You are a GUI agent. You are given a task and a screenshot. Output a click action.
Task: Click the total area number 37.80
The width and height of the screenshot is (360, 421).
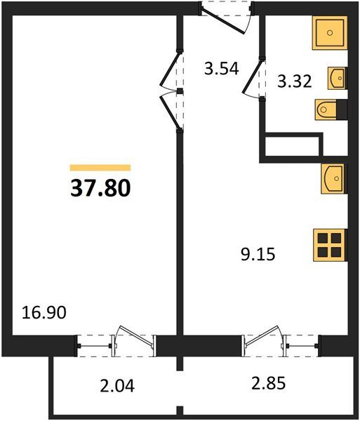[100, 188]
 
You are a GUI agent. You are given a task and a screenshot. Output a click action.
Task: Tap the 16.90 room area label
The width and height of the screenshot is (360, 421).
[44, 313]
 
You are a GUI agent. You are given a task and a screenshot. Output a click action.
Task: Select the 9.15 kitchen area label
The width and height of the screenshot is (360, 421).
[258, 254]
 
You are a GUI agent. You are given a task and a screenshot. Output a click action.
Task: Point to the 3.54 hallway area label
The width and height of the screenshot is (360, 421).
[222, 69]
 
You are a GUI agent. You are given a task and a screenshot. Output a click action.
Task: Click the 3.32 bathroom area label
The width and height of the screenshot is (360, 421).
[295, 81]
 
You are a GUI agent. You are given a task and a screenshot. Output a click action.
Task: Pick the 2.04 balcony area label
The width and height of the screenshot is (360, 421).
[117, 387]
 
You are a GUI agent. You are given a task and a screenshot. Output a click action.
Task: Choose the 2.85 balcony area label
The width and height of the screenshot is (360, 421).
[269, 383]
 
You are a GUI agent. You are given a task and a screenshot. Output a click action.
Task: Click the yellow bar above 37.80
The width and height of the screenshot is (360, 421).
[100, 168]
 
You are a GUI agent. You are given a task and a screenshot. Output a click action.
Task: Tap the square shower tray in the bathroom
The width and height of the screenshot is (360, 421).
[330, 33]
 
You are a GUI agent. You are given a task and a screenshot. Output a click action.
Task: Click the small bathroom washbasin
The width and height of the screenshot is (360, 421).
[337, 78]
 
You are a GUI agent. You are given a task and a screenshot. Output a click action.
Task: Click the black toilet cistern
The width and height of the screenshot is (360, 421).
[342, 109]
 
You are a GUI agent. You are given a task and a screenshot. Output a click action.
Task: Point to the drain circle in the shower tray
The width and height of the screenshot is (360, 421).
[330, 33]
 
